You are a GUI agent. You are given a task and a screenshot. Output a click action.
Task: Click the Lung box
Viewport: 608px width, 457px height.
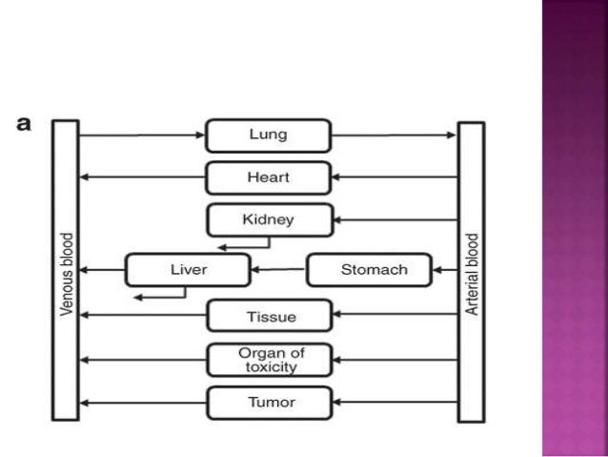pos(269,135)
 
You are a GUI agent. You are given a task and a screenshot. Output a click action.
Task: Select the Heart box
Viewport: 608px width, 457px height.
pos(269,177)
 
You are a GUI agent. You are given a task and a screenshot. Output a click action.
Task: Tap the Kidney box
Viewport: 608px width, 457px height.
pos(269,219)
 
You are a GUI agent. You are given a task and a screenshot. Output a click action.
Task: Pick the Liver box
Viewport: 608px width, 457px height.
pos(188,270)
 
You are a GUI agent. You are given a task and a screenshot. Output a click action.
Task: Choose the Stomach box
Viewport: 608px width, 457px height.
pos(368,270)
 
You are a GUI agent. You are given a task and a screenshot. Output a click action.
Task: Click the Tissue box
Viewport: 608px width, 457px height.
pos(269,316)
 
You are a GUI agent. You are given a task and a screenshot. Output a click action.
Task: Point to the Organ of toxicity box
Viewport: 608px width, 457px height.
pos(269,360)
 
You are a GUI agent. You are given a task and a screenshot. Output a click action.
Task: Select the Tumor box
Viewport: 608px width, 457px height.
pos(269,403)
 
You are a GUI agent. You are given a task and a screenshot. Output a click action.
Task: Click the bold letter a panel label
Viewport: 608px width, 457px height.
pos(26,123)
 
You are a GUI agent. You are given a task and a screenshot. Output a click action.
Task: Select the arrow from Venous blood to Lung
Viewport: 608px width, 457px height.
pos(142,135)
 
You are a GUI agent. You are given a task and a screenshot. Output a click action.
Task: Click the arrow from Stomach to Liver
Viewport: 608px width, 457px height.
pos(278,270)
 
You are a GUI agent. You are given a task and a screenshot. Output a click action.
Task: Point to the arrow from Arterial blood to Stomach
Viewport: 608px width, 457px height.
pos(445,270)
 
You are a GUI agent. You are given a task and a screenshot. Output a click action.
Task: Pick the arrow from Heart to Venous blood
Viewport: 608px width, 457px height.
pos(142,177)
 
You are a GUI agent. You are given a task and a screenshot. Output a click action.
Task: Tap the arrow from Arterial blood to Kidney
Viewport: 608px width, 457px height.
pos(395,219)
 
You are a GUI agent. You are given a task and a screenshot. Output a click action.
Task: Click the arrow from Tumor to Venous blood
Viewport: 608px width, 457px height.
pos(142,403)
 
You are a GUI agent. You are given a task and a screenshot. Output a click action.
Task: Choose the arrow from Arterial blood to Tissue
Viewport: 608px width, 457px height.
pos(395,316)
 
